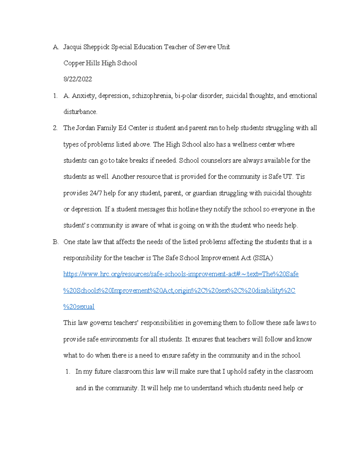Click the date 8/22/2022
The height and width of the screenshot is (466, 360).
[x=78, y=79]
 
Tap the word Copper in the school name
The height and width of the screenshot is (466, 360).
[x=74, y=63]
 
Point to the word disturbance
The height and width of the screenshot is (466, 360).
[x=80, y=112]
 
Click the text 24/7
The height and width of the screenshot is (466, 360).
[x=95, y=193]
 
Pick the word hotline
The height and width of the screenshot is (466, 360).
[x=188, y=209]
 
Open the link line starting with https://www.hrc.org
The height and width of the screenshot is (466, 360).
[x=181, y=274]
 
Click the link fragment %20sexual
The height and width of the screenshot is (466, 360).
[x=79, y=307]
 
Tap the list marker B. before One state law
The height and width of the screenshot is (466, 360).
[x=55, y=242]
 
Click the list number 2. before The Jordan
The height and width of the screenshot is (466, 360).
[x=55, y=128]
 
